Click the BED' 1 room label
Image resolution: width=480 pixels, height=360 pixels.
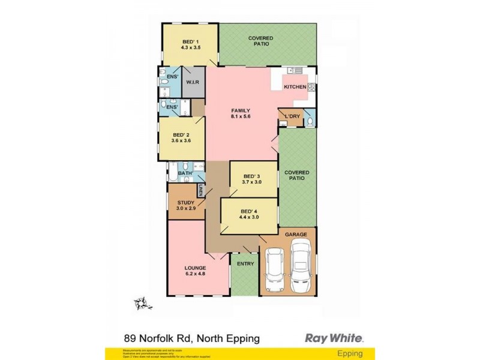click(190, 41)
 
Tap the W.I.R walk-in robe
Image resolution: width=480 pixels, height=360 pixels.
click(193, 82)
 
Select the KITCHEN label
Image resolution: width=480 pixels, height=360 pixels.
click(295, 87)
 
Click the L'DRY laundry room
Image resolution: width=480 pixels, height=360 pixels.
click(292, 116)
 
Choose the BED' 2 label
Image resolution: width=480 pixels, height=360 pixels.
click(181, 135)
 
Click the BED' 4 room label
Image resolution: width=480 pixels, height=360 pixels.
click(249, 211)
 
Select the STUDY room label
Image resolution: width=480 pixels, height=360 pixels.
click(185, 203)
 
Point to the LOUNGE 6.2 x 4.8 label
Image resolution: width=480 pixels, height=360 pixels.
click(196, 268)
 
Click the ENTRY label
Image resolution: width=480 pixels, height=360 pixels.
click(245, 263)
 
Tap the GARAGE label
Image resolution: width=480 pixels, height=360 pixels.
click(296, 234)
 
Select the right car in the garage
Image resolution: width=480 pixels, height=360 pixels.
click(301, 264)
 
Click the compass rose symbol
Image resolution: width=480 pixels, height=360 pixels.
click(140, 303)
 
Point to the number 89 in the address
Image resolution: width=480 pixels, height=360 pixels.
click(129, 338)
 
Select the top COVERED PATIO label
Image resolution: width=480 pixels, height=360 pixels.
click(260, 41)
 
